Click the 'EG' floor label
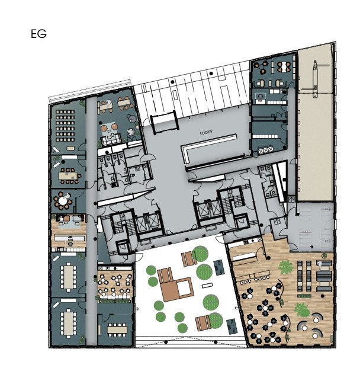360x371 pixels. click(38, 34)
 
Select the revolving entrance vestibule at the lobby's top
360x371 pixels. click(163, 122)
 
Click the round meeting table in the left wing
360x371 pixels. click(63, 202)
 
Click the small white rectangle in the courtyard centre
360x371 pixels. click(207, 286)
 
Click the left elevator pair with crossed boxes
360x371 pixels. click(148, 222)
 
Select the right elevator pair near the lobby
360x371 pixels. click(208, 209)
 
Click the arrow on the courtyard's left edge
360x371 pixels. click(137, 308)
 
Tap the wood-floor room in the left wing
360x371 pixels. click(68, 231)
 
